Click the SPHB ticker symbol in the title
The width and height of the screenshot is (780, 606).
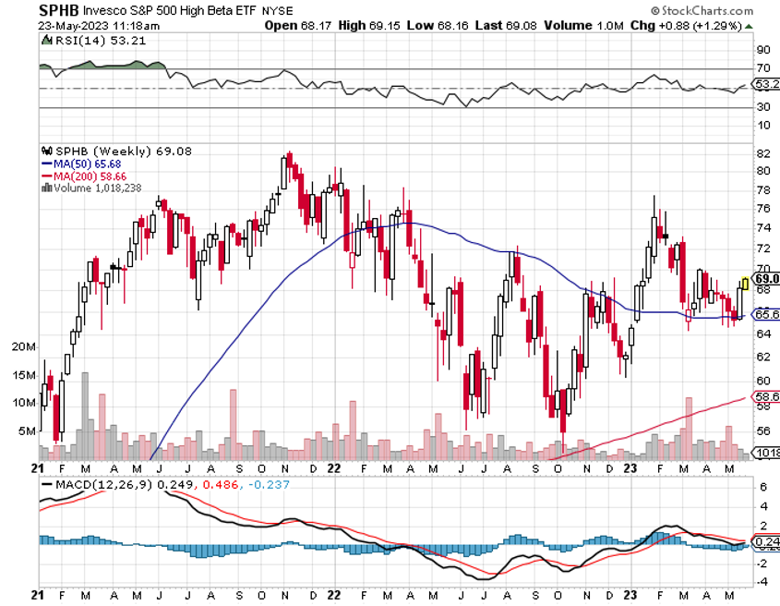pyautogui.click(x=59, y=10)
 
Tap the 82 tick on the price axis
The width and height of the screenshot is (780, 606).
pyautogui.click(x=763, y=152)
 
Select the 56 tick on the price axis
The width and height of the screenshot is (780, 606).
pyautogui.click(x=763, y=430)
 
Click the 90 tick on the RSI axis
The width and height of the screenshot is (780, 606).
pyautogui.click(x=763, y=50)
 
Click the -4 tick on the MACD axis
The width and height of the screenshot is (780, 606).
pyautogui.click(x=763, y=582)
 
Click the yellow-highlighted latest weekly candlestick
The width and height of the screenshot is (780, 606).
pyautogui.click(x=745, y=285)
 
